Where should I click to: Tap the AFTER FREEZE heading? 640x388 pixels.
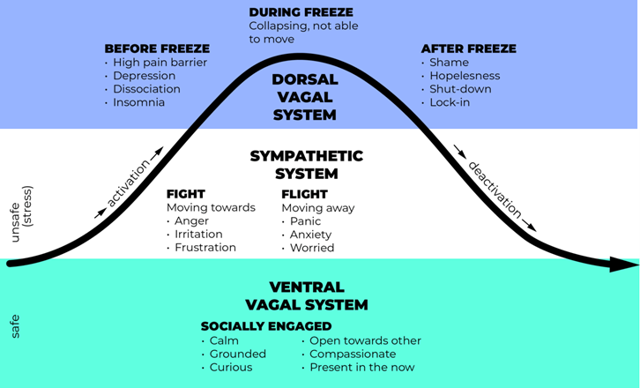[468, 48]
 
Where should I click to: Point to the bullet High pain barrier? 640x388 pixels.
[160, 63]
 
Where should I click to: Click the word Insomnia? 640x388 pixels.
[138, 102]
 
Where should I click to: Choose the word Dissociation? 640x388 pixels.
[146, 89]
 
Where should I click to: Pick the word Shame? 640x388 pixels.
[449, 63]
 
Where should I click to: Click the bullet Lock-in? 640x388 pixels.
[450, 102]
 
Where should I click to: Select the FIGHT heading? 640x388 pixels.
[185, 194]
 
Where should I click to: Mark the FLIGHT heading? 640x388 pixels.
[304, 194]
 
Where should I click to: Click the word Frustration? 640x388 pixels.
[205, 248]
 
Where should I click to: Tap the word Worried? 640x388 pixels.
[312, 248]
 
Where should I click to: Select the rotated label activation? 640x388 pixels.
[129, 184]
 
